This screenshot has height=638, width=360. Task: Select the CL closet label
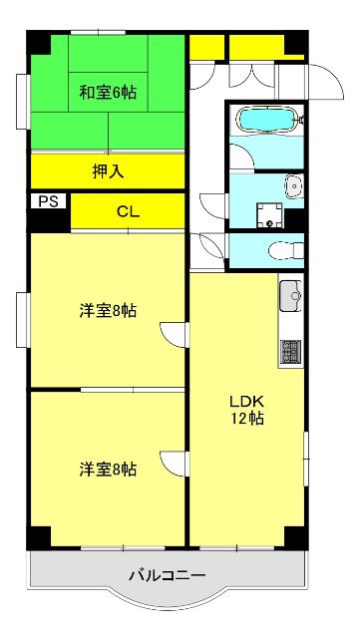point(127,210)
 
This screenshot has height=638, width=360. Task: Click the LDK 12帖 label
point(249,409)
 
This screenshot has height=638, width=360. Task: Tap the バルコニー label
point(167,575)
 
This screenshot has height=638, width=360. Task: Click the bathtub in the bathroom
point(266,122)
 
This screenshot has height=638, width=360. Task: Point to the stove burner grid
point(291,350)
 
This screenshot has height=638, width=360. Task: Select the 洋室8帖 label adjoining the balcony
point(108,469)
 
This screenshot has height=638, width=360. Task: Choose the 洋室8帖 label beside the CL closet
point(108,310)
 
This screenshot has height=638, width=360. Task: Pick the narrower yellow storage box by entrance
point(206,47)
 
